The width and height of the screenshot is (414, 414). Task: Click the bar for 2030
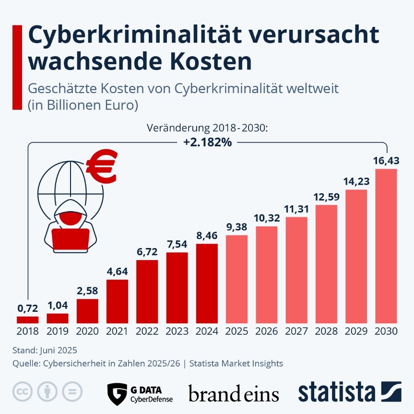click(x=386, y=246)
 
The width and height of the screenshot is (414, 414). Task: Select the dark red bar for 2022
click(x=147, y=291)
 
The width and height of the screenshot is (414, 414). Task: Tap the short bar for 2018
click(x=27, y=319)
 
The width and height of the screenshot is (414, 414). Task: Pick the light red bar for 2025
click(x=237, y=279)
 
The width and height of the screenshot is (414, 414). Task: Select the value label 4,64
click(x=118, y=271)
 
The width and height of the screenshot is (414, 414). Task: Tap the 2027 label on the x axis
click(x=296, y=331)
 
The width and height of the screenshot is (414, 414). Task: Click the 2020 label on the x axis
click(x=87, y=331)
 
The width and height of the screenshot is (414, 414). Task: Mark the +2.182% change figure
click(x=207, y=142)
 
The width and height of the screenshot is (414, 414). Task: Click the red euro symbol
click(x=101, y=166)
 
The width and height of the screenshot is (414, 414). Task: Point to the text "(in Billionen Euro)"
click(x=83, y=105)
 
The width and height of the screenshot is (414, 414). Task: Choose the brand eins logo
click(x=234, y=393)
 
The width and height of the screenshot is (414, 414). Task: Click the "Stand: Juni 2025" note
click(x=46, y=350)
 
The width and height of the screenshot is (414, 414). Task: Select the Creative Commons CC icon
click(x=22, y=392)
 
